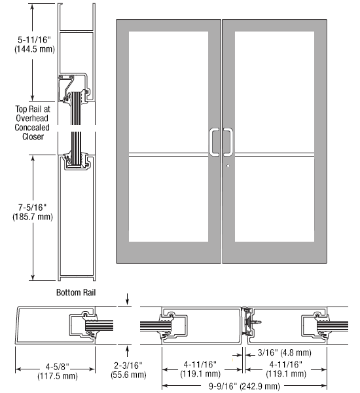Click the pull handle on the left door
tap(211, 142)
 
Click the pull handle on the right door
tap(232, 142)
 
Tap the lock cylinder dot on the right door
tap(228, 166)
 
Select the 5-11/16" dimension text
tap(34, 39)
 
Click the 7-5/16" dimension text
tap(32, 208)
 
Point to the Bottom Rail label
tap(76, 293)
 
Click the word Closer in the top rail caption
tap(33, 137)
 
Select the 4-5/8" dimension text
tap(57, 367)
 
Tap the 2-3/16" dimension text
tap(128, 365)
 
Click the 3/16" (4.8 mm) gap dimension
tap(285, 352)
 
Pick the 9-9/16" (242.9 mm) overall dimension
tap(244, 386)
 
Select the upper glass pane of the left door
tap(168, 92)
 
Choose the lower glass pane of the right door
tap(274, 199)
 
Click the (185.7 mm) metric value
tap(33, 217)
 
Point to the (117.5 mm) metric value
tap(58, 376)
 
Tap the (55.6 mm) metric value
tap(128, 375)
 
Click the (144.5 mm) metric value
tap(34, 49)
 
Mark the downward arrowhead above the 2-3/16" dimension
tap(127, 302)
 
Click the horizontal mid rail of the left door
tap(168, 155)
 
